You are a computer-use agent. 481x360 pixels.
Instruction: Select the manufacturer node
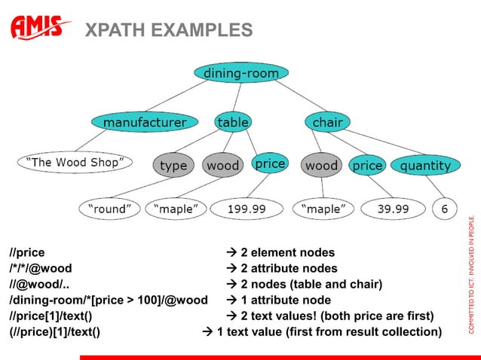click(x=145, y=122)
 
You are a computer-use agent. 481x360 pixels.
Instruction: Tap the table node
click(x=233, y=121)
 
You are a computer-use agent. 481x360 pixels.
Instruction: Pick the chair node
click(x=327, y=121)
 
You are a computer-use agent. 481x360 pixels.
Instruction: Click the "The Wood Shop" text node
click(x=75, y=162)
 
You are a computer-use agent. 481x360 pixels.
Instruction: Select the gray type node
click(x=173, y=166)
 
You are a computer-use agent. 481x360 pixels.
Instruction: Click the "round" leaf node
click(x=112, y=208)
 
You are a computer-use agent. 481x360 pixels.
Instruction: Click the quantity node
click(x=425, y=165)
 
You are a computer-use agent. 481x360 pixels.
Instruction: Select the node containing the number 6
click(x=444, y=208)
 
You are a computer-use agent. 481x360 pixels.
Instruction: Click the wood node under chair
click(x=321, y=165)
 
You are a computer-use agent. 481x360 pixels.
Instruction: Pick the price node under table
click(x=269, y=163)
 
